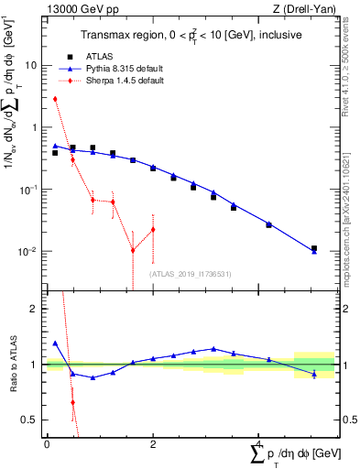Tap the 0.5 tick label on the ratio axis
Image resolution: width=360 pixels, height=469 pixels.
pyautogui.click(x=32, y=420)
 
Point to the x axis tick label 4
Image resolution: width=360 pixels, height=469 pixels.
pyautogui.click(x=259, y=444)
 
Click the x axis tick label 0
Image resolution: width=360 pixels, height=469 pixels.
pyautogui.click(x=47, y=444)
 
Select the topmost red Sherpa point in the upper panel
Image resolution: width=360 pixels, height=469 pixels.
pyautogui.click(x=55, y=99)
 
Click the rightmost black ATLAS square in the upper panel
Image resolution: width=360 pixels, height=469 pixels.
pyautogui.click(x=313, y=248)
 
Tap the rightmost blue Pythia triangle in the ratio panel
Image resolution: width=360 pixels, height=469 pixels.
pyautogui.click(x=313, y=374)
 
